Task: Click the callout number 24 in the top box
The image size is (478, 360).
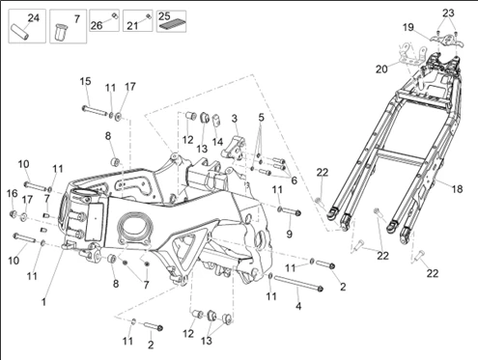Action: (x=33, y=18)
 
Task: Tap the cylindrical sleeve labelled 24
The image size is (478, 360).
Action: (x=20, y=32)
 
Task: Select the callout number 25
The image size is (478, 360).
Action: (x=164, y=16)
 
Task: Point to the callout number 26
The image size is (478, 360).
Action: (x=97, y=25)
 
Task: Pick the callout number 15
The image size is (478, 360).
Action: (x=86, y=81)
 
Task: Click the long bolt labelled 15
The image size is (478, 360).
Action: (x=95, y=110)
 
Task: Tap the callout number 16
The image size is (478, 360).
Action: (x=13, y=194)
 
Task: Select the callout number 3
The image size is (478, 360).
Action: (x=235, y=119)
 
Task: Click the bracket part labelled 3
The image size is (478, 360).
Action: (x=234, y=148)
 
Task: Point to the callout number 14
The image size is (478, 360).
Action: (x=217, y=142)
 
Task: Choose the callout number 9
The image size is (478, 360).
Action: (x=290, y=234)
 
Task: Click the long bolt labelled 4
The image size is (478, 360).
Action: (x=298, y=283)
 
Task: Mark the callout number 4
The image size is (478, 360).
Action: (x=298, y=306)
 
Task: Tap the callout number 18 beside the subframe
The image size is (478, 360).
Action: (x=457, y=189)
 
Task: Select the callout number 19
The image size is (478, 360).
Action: (x=408, y=27)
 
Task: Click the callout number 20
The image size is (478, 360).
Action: (x=381, y=69)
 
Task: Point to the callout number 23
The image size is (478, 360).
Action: (x=448, y=13)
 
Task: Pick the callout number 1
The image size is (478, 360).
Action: (x=43, y=302)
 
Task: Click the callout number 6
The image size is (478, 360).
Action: (x=294, y=180)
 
